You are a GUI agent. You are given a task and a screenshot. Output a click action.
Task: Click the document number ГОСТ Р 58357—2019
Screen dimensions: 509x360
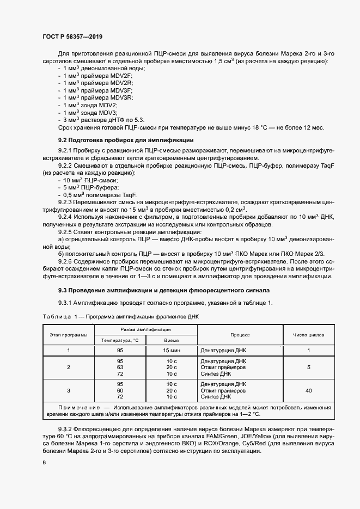[x=72, y=36]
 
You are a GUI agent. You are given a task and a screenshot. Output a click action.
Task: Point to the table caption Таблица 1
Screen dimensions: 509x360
[x=58, y=317]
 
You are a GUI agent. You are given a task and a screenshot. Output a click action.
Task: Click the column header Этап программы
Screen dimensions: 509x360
[x=69, y=335]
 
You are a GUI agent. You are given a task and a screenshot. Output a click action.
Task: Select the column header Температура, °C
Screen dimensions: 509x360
[x=120, y=340]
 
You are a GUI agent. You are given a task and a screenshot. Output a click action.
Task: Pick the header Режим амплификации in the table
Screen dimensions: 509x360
[x=146, y=330]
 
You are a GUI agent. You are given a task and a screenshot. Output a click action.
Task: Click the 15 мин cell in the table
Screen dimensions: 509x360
[x=172, y=351]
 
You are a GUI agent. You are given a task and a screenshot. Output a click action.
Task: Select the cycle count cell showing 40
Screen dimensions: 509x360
[x=308, y=390]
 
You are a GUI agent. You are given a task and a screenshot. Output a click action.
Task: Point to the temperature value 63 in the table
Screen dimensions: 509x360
[x=120, y=367]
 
